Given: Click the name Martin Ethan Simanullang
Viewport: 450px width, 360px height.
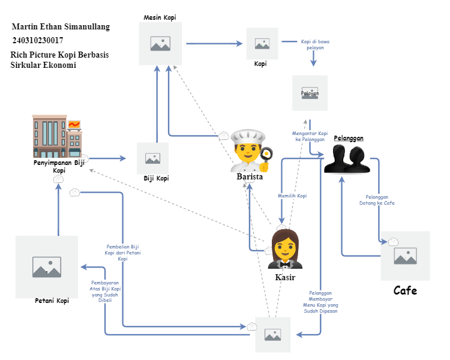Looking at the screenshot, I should tap(61, 27).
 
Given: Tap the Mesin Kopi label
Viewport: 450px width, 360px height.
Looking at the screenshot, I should tap(160, 17).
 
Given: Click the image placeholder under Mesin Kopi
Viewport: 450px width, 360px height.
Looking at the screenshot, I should tap(160, 44).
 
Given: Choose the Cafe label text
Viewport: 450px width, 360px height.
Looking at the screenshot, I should tap(405, 291).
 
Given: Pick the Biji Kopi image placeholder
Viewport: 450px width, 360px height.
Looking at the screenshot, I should tap(152, 158).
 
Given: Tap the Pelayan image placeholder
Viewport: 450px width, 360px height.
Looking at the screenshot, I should tap(310, 93).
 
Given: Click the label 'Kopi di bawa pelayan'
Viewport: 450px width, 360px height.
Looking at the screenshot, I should tap(315, 46).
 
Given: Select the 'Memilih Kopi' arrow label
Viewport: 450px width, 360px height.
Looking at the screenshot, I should tap(292, 196).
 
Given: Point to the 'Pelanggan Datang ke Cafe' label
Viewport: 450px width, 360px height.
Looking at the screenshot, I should tap(380, 200).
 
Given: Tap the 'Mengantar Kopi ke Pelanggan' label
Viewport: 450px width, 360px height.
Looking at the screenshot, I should tap(310, 136).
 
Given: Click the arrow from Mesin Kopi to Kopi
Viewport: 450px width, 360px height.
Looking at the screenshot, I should tap(212, 44).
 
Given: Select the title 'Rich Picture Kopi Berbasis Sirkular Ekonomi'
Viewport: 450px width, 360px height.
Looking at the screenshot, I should tap(59, 59).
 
